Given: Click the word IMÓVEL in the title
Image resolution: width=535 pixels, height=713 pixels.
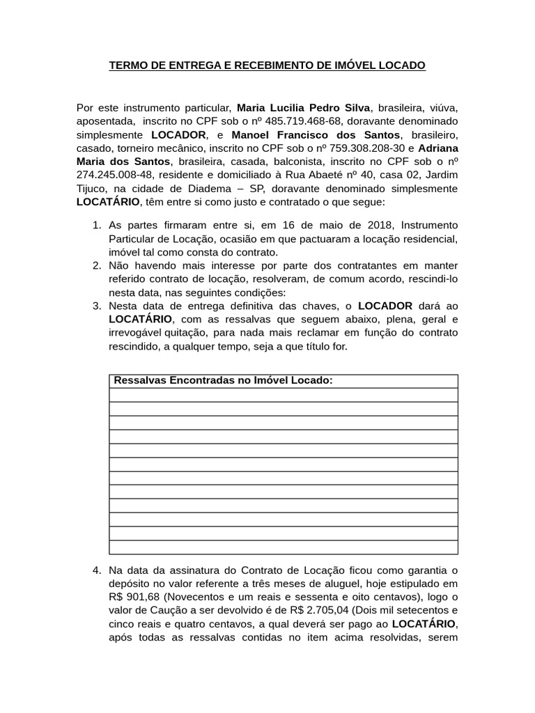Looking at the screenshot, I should click(x=349, y=65).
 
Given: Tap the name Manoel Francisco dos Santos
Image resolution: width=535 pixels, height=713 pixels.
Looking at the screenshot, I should click(x=316, y=134).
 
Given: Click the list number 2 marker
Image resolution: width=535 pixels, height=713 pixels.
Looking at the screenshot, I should click(x=97, y=265).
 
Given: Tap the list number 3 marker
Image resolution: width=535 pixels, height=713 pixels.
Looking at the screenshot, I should click(x=97, y=306).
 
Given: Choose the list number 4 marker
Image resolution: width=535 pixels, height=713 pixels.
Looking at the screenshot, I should click(x=97, y=570).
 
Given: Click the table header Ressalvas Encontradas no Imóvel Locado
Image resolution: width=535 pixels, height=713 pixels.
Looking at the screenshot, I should click(x=223, y=381).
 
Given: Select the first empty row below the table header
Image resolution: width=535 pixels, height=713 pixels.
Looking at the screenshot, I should click(x=284, y=395).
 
